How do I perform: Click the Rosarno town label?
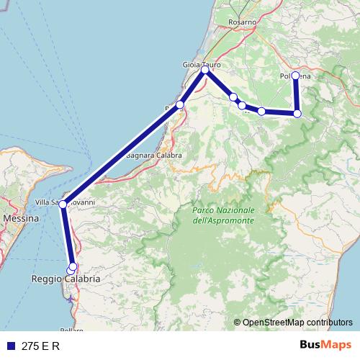243,22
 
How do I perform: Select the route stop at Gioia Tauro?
205,70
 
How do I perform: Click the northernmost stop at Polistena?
296,76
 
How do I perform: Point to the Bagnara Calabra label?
153,155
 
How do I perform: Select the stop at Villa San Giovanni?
63,204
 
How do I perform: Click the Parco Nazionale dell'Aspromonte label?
223,214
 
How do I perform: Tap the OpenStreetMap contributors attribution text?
297,322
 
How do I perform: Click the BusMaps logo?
327,346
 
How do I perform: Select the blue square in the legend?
10,346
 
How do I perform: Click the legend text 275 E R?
41,346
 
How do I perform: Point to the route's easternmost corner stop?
297,114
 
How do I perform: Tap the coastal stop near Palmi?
180,105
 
